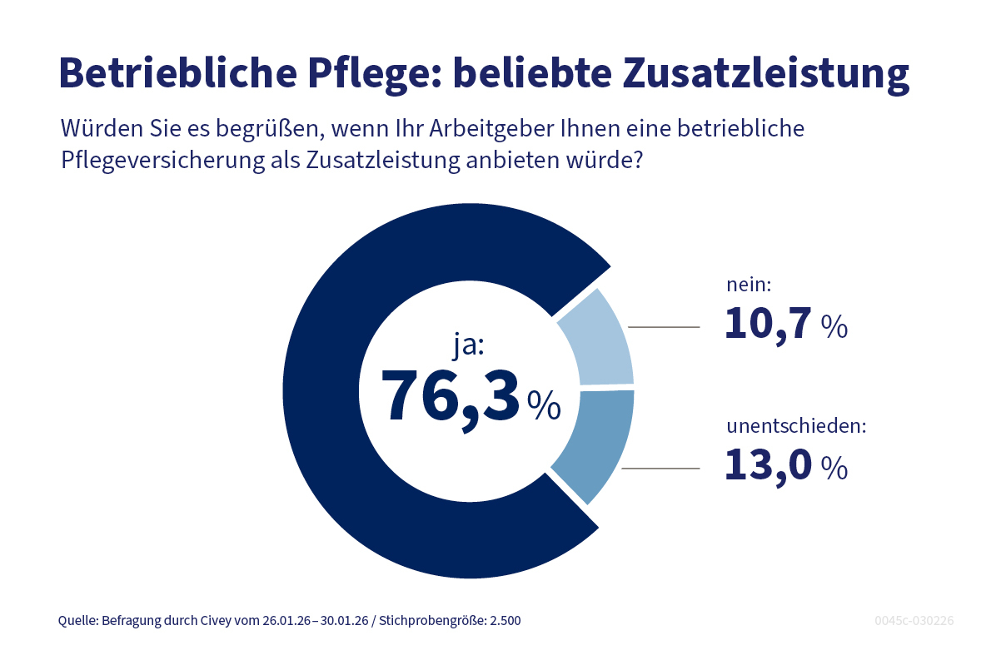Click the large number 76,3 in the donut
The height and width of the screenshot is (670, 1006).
coord(450,396)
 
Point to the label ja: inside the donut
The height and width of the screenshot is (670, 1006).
coord(468,344)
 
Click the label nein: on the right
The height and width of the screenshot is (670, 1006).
coord(750,285)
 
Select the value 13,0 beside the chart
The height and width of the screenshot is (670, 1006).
coord(768,465)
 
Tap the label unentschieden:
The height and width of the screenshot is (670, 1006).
coord(796,426)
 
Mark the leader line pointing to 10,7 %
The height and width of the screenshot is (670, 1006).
coord(664,328)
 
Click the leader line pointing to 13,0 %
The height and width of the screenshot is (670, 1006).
coord(660,469)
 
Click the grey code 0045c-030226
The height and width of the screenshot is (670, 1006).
coord(914,621)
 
